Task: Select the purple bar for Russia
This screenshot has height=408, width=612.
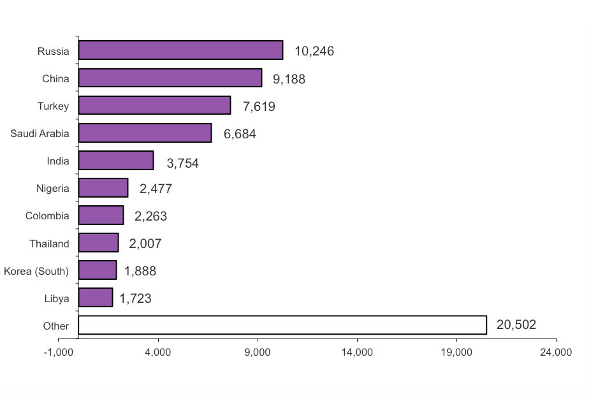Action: click(x=180, y=50)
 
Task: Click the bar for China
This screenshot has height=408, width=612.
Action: click(x=170, y=78)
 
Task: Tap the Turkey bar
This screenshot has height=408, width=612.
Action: click(x=154, y=105)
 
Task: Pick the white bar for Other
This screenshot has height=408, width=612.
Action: click(x=282, y=325)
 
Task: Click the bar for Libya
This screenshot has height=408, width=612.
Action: click(x=96, y=298)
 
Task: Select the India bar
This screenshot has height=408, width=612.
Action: click(x=116, y=160)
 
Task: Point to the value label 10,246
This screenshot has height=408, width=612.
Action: click(x=314, y=52)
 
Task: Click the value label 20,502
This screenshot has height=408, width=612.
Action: click(x=516, y=325)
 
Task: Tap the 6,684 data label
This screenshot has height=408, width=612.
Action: click(x=240, y=134)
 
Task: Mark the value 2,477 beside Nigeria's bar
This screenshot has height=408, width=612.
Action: click(x=156, y=189)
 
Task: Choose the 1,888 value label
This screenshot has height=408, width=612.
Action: click(x=140, y=271)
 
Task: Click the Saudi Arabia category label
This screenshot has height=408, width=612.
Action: click(x=40, y=133)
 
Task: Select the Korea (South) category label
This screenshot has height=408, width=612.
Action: click(x=36, y=271)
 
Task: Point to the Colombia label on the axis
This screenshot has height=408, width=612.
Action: click(x=47, y=215)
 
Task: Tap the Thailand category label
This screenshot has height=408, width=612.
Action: click(x=49, y=244)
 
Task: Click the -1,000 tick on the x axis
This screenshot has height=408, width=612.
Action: click(x=59, y=353)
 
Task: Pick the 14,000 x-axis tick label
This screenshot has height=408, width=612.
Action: click(x=357, y=353)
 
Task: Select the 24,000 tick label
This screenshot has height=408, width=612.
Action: click(x=556, y=353)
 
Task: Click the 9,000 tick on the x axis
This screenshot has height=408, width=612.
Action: click(x=258, y=353)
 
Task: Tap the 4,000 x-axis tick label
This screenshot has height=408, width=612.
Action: click(x=158, y=353)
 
